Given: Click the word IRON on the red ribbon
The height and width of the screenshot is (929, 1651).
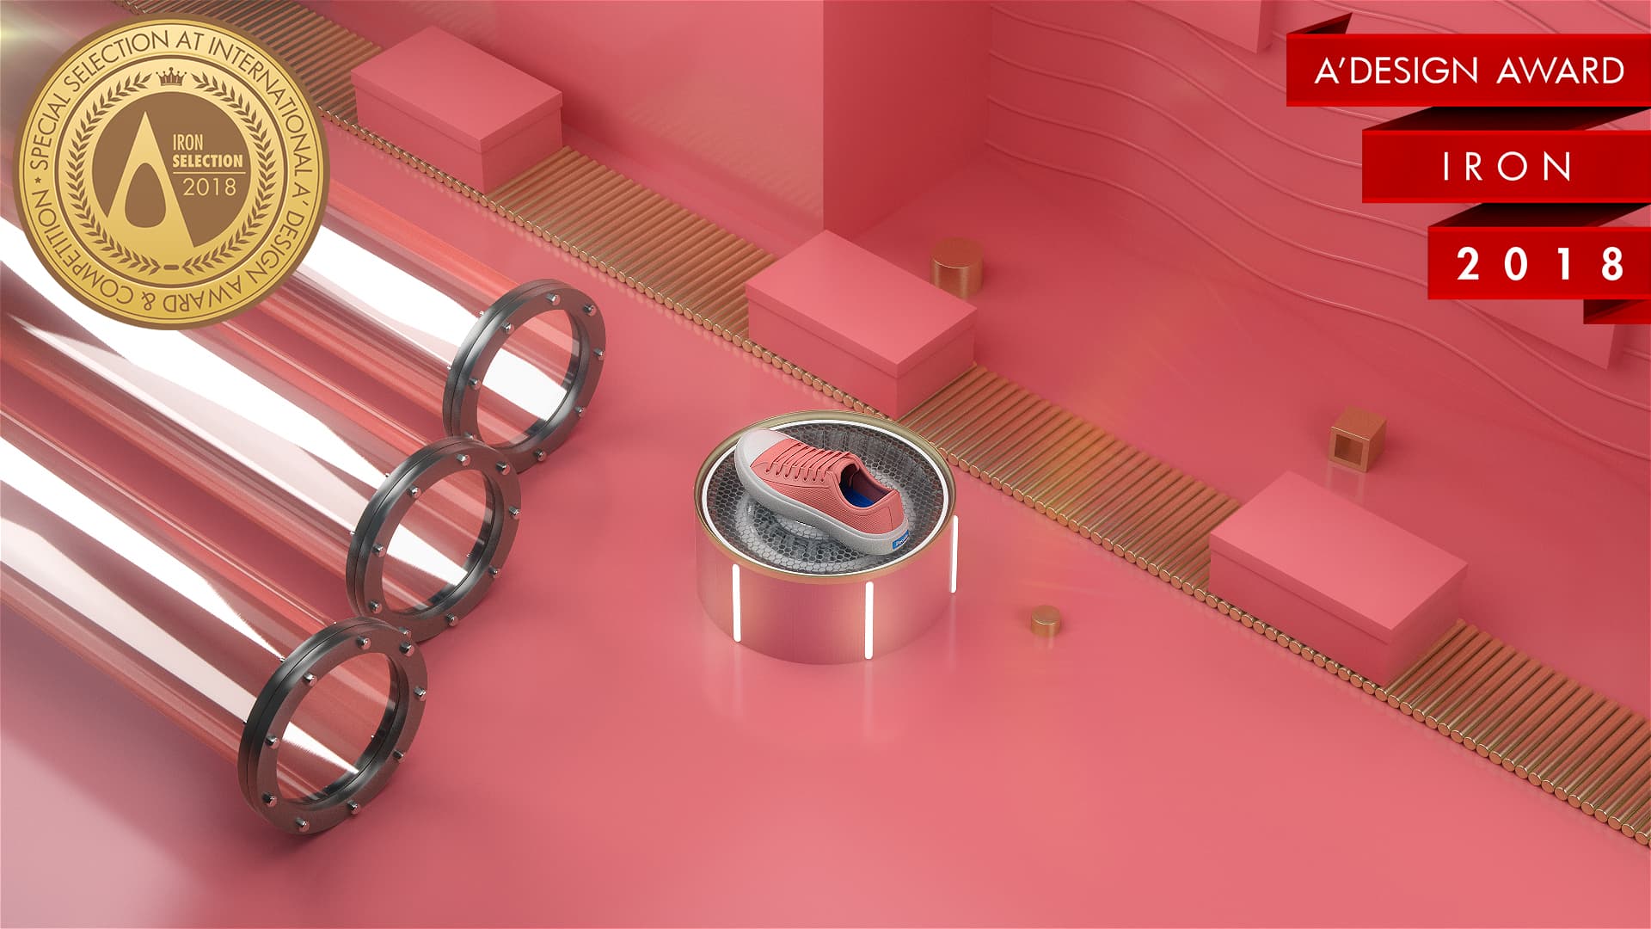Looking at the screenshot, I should coord(1507,167).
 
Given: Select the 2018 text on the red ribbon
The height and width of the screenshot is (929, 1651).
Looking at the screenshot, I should coord(1540,264).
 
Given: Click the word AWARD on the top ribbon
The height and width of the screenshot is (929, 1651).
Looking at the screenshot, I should coord(1560,71).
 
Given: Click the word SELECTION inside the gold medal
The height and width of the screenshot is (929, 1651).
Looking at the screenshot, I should coord(207,161).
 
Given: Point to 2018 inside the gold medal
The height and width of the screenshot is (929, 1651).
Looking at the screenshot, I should coord(209,187).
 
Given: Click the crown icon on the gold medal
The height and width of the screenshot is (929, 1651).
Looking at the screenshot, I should coord(171,77).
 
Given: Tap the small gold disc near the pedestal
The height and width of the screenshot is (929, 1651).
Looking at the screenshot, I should coord(1046,620).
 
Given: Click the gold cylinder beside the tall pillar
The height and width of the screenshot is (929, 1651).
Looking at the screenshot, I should coord(957,266).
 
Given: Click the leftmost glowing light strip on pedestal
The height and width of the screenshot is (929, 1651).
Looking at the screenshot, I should coord(736,602).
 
